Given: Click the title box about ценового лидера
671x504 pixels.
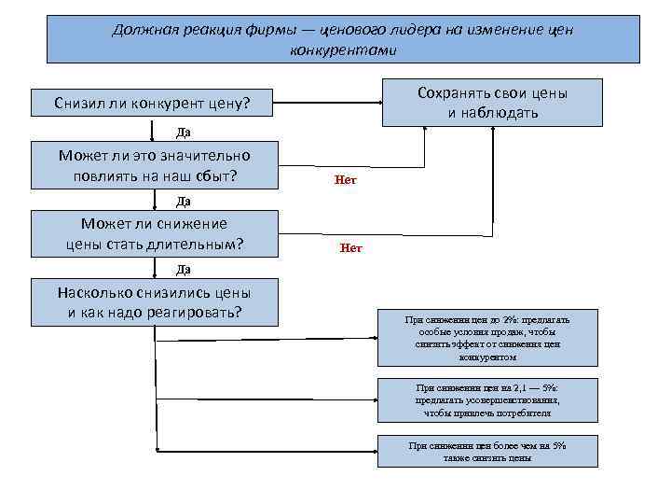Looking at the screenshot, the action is [343, 39].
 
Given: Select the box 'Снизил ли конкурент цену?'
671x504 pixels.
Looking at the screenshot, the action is [154, 103].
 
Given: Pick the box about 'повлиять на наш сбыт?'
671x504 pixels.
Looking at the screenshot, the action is [154, 165].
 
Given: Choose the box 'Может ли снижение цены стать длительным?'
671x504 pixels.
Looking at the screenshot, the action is [154, 233].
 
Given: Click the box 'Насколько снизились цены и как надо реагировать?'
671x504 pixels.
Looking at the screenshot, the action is [154, 301].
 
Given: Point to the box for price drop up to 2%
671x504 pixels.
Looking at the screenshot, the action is [487, 338].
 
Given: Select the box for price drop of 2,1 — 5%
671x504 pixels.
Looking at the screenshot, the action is [487, 399].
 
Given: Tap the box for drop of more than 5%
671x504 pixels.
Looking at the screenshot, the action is [487, 452].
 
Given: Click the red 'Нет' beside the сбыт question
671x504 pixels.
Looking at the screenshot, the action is [345, 180].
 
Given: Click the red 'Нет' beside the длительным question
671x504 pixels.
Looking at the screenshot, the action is [350, 248].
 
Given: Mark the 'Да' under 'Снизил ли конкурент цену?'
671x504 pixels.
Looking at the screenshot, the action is [184, 132].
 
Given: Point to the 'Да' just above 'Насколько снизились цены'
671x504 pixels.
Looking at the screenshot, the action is [184, 269].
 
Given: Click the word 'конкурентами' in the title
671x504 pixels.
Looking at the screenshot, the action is [343, 49].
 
